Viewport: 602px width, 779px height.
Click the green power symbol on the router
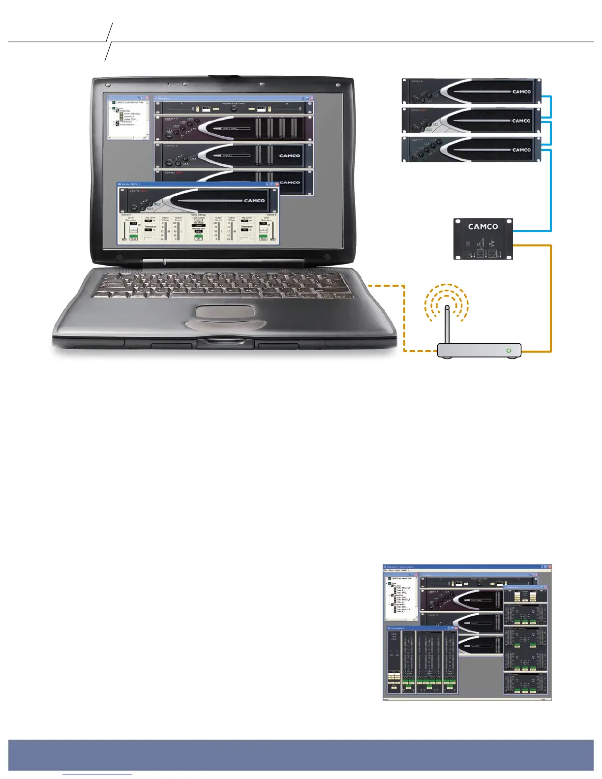pyautogui.click(x=509, y=351)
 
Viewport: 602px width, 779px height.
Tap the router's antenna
pyautogui.click(x=447, y=324)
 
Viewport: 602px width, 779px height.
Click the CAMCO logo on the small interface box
pyautogui.click(x=482, y=227)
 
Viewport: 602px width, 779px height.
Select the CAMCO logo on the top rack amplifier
pyautogui.click(x=521, y=91)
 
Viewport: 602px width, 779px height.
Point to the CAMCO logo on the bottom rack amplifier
pyautogui.click(x=521, y=150)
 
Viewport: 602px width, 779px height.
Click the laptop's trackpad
pyautogui.click(x=225, y=311)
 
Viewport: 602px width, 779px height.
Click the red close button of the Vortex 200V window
pyautogui.click(x=276, y=184)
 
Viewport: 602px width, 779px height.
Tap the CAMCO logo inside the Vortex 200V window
pyautogui.click(x=254, y=201)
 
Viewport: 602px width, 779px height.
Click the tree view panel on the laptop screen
pyautogui.click(x=128, y=119)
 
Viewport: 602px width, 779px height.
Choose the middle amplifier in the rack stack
pyautogui.click(x=472, y=120)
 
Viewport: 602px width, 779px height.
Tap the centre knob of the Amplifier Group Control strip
pyautogui.click(x=234, y=108)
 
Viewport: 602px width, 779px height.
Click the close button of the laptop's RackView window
pyautogui.click(x=311, y=98)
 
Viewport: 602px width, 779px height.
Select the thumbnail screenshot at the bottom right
pyautogui.click(x=467, y=632)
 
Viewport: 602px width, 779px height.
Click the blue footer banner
pyautogui.click(x=301, y=754)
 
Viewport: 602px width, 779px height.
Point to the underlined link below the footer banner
pyautogui.click(x=97, y=776)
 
